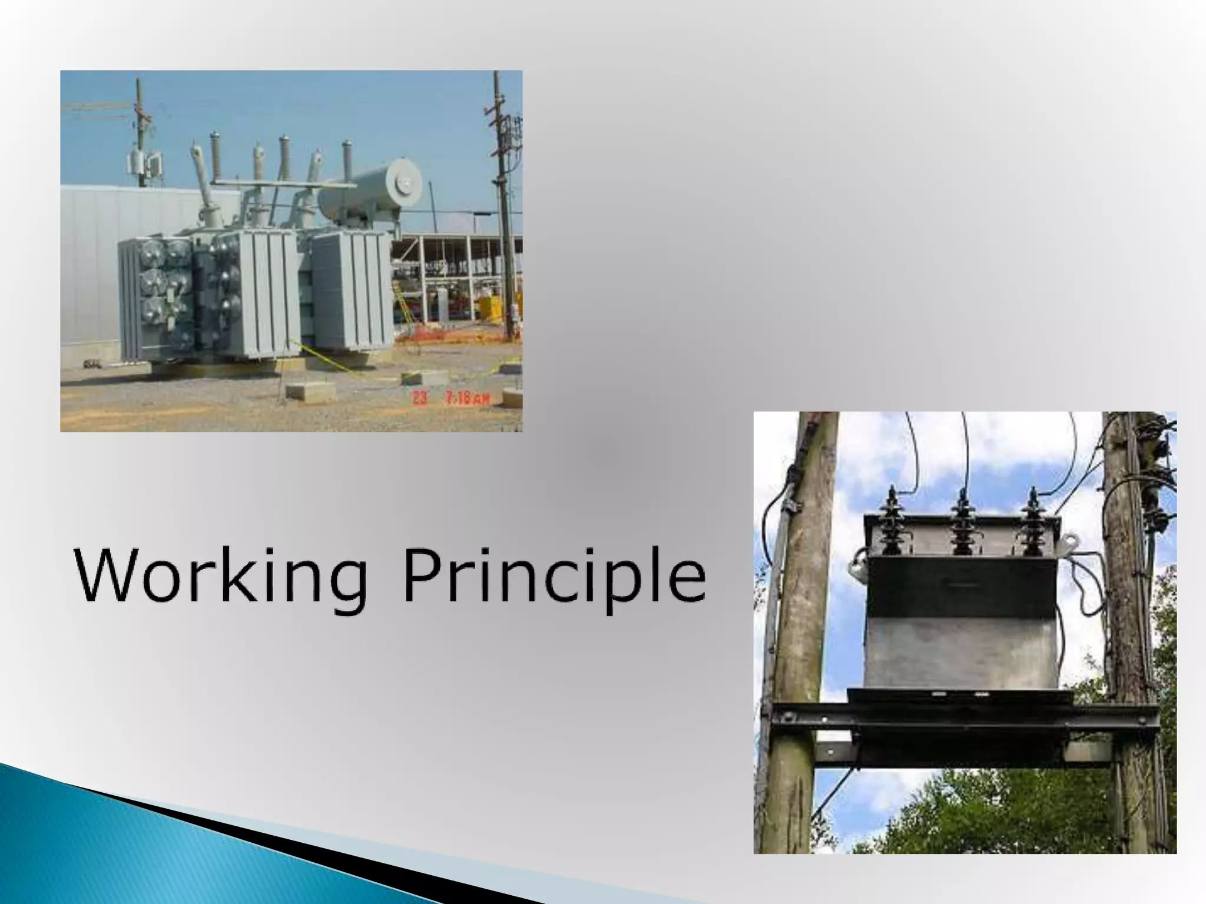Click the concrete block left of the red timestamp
310,391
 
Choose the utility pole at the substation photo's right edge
503,206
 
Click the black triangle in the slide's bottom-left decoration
294,853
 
